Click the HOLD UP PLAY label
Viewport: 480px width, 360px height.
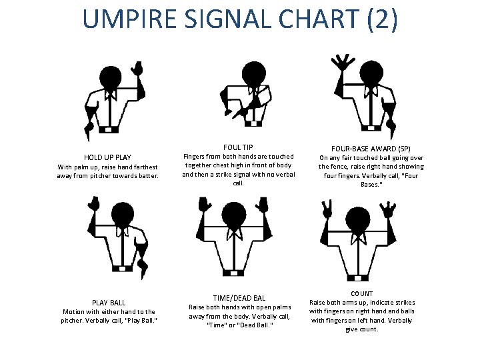[x=107, y=157]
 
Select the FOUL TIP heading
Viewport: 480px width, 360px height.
[x=238, y=147]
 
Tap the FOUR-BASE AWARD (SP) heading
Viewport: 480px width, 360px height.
[x=371, y=148]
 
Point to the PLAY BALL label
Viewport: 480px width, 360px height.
[x=107, y=302]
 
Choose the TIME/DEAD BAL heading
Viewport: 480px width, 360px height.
[x=239, y=297]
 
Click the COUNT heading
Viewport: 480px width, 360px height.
[x=361, y=293]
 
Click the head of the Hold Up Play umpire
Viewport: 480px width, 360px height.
[x=109, y=77]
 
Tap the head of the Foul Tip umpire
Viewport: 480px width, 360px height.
[x=252, y=72]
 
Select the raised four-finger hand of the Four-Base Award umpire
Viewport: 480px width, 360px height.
[x=344, y=63]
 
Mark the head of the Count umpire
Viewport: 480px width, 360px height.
[x=361, y=219]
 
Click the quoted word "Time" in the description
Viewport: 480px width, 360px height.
[x=217, y=325]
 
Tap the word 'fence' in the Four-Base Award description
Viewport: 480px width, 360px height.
[x=343, y=167]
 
